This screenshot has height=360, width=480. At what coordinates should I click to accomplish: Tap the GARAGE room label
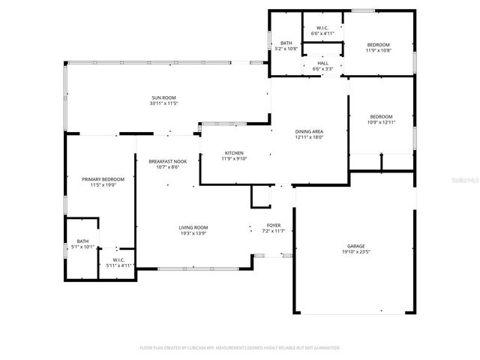(x=355, y=246)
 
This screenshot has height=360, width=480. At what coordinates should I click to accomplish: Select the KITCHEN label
(x=234, y=153)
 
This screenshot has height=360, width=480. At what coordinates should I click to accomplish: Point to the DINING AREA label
(x=308, y=131)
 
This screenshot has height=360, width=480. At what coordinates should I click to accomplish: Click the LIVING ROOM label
(x=193, y=227)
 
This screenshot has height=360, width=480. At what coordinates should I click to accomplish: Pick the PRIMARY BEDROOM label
(x=103, y=179)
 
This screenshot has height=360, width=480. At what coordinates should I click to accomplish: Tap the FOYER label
(x=274, y=225)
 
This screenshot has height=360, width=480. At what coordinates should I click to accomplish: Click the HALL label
(x=322, y=63)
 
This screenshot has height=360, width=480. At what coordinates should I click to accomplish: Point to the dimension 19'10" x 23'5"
(x=355, y=252)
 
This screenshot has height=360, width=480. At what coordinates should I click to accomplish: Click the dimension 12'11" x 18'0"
(x=308, y=137)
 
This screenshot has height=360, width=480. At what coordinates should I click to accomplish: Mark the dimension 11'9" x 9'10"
(x=234, y=159)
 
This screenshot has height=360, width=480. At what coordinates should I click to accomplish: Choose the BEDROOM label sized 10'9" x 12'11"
(x=381, y=116)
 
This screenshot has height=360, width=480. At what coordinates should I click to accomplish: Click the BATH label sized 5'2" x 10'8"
(x=286, y=43)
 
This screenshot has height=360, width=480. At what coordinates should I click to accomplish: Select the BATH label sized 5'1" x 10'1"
(x=82, y=241)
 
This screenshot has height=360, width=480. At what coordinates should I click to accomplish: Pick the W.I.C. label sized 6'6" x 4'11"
(x=322, y=28)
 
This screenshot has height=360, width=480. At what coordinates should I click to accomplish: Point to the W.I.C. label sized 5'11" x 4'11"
(x=118, y=259)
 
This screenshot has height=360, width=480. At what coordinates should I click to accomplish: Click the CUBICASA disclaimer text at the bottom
(x=240, y=348)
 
